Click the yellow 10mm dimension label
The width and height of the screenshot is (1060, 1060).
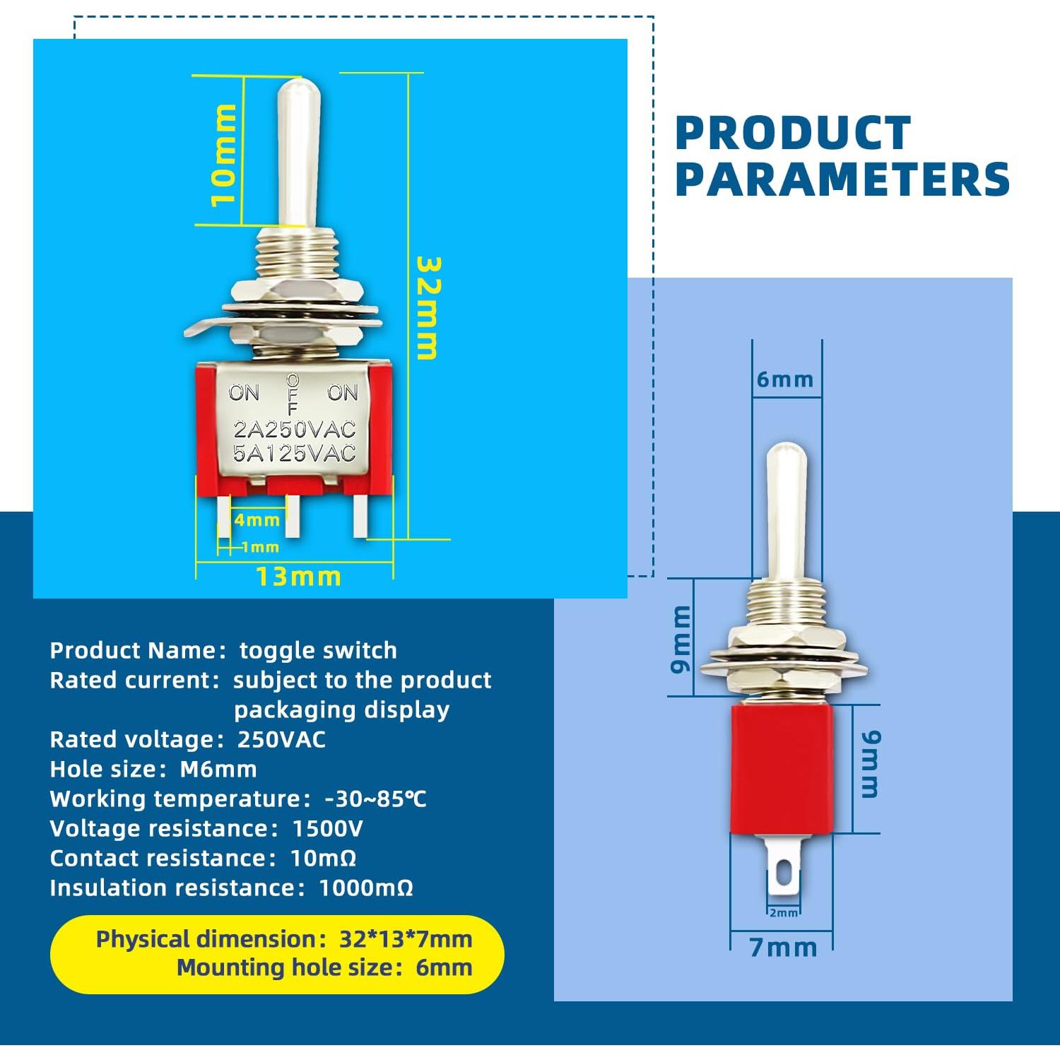[223, 154]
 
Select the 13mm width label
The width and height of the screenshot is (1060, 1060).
[298, 577]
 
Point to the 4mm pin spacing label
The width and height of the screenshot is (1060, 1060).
[257, 520]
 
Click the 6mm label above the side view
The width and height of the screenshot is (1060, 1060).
[785, 379]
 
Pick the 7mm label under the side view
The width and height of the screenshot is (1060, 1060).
[783, 947]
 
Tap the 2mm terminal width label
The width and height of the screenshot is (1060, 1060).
[783, 913]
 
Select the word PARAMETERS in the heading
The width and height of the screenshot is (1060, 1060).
[842, 179]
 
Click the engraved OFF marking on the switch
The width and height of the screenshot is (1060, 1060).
[293, 394]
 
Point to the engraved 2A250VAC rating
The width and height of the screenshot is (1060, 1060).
[295, 430]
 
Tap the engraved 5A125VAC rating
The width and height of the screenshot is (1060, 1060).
[295, 453]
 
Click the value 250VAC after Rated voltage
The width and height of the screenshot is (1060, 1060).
[281, 739]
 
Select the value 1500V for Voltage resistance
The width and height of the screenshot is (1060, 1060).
[327, 828]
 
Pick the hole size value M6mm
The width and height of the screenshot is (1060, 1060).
[218, 769]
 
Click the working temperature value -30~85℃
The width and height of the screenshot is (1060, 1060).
[375, 799]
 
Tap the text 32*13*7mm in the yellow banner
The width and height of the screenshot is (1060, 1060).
[406, 939]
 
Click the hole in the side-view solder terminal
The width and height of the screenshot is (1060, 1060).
[783, 873]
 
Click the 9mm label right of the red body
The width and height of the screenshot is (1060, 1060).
[871, 765]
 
